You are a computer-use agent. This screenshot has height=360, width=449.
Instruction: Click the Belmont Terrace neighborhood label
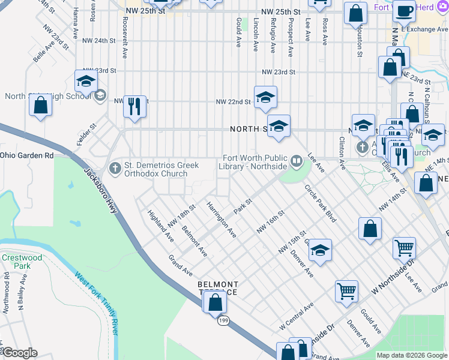tap(218, 288)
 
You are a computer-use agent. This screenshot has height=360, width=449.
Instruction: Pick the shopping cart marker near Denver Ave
tap(347, 292)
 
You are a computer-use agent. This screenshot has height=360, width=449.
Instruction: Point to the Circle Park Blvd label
tap(320, 203)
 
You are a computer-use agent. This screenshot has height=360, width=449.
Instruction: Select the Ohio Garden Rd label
tap(26, 155)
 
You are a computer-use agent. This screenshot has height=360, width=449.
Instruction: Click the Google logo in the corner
tap(19, 352)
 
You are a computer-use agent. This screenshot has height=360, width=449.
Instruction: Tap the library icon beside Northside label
tap(297, 160)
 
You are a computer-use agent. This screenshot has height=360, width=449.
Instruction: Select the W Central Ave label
tap(297, 316)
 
